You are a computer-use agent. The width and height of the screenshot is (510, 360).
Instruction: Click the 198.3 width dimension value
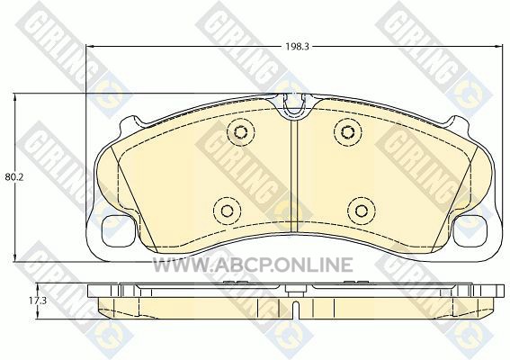coord(297,47)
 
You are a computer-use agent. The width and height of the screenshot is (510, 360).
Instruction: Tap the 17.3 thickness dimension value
coord(38,301)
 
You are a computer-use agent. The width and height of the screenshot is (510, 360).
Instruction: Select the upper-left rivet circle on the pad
coord(240,131)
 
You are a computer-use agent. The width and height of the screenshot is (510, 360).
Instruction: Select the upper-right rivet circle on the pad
coord(348,131)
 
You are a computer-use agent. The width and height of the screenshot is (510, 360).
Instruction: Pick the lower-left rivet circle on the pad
coord(227,211)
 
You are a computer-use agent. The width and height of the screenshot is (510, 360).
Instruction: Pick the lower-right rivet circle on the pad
coord(362,211)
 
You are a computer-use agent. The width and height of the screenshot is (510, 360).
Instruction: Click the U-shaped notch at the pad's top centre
coord(294,103)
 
